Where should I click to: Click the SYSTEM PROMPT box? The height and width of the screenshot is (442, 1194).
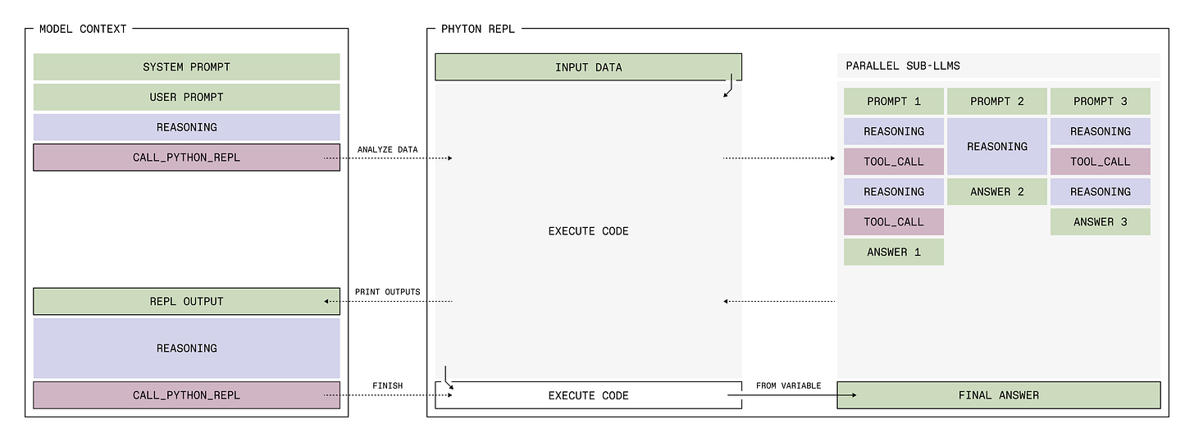coord(186,66)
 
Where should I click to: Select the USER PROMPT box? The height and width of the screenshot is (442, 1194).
coord(186,97)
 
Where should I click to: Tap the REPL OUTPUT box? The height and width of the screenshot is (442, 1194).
coord(186,301)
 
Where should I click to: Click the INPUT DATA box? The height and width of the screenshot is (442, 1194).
coord(588,67)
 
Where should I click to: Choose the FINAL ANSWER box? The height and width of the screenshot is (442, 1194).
coord(998,395)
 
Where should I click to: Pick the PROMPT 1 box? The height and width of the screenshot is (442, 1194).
coord(893,102)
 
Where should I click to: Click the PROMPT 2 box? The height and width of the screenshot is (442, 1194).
coord(996,102)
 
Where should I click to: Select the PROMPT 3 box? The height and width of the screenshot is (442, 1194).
coord(1100,102)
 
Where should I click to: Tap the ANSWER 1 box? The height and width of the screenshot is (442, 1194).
coord(893,252)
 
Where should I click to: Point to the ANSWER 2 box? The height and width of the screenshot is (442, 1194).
coord(996,192)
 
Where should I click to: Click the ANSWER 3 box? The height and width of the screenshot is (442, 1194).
coord(1100,222)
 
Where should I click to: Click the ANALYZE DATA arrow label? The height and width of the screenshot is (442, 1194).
coord(387,149)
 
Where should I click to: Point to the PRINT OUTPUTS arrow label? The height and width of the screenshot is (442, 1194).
coord(387,292)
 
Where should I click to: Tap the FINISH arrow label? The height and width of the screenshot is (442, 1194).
coord(387,385)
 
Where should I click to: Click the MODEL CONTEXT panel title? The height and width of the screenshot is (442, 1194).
coord(83,29)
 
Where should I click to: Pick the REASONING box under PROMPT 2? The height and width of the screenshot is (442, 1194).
coord(996,147)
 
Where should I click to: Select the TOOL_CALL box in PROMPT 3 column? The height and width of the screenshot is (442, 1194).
coord(1100,162)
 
